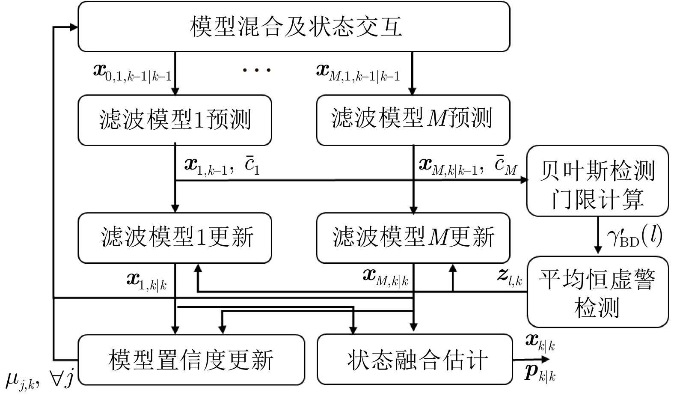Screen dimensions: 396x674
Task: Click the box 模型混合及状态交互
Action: pos(294,27)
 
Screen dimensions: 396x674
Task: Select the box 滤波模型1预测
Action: pos(175,120)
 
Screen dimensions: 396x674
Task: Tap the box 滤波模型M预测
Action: pos(413,120)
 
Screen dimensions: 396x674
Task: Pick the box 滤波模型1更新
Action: pos(175,238)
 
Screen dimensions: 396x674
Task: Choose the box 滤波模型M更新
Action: pos(413,238)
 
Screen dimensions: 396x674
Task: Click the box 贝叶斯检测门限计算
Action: pos(597,181)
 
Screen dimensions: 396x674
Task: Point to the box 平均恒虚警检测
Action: pos(597,292)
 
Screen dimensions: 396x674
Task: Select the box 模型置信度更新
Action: pos(191,359)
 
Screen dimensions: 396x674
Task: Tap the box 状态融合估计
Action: pos(415,359)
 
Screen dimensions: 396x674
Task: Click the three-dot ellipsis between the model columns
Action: pos(257,70)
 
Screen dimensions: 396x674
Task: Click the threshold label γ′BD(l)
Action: pos(635,236)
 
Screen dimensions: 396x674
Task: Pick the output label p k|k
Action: pos(540,374)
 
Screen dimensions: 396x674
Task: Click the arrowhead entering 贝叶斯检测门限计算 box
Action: pos(524,180)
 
